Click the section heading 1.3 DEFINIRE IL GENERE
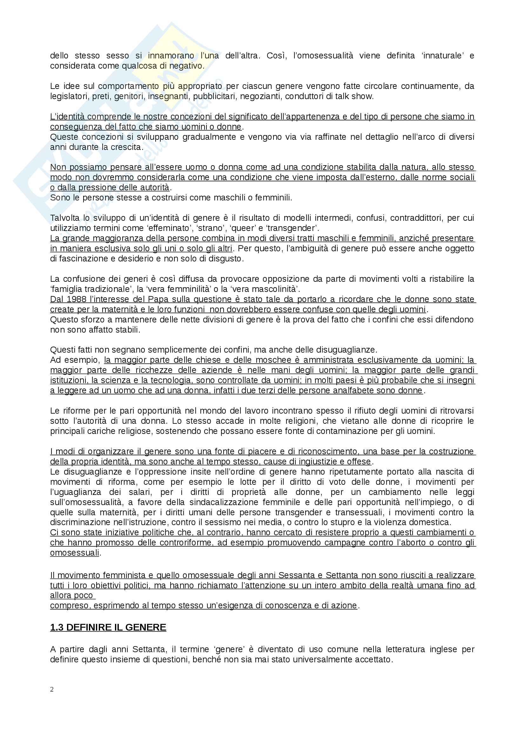point(108,627)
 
